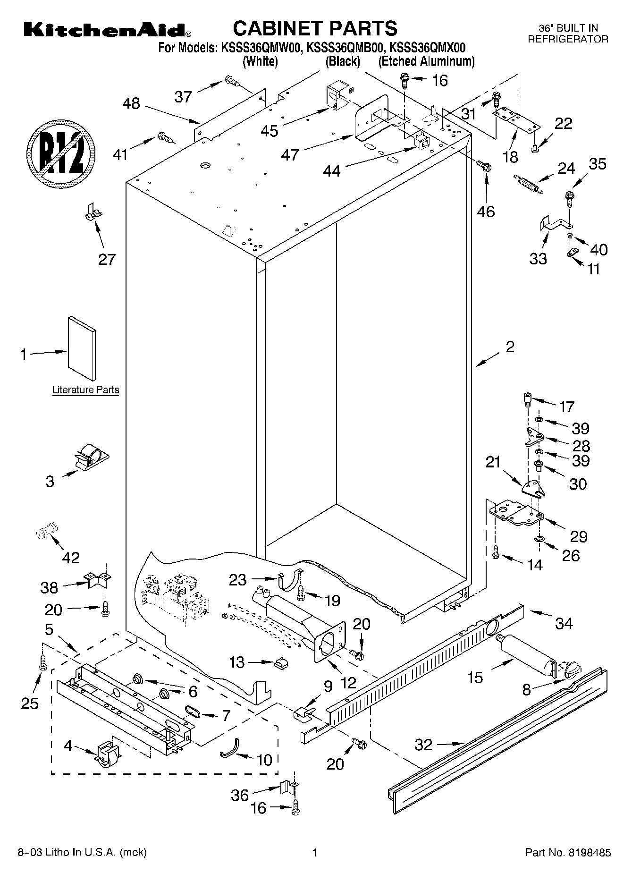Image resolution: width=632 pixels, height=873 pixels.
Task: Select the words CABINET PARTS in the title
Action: (315, 28)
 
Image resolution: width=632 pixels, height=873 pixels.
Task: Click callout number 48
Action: (131, 103)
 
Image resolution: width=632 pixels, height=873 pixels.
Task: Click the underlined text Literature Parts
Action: (85, 390)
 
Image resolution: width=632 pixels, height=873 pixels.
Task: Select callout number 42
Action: (71, 557)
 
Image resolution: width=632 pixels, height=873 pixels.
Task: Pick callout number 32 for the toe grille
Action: (423, 745)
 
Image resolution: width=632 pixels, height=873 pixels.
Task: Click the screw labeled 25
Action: (42, 664)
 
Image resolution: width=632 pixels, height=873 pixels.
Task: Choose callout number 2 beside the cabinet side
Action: (510, 347)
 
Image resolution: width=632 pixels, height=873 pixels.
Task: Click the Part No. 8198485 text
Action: (568, 853)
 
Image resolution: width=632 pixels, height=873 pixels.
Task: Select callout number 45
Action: (269, 131)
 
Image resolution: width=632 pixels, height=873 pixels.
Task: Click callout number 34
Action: (564, 623)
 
